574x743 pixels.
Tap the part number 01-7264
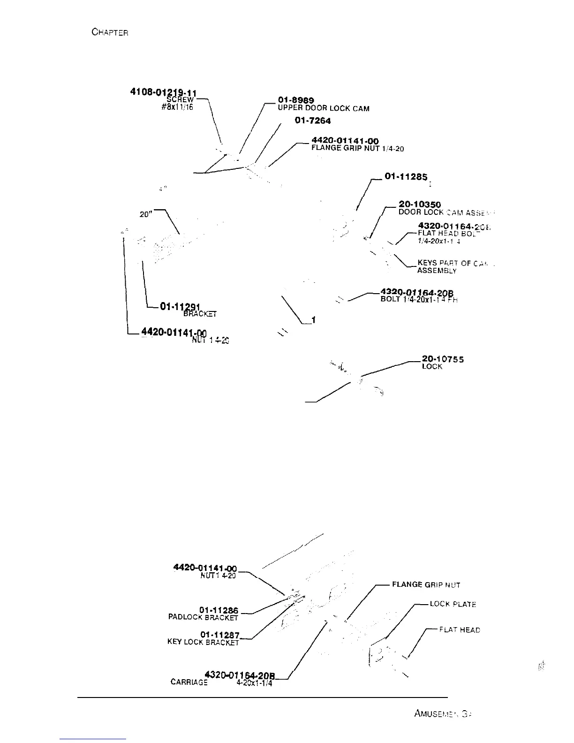tap(313, 121)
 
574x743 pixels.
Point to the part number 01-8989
tap(296, 100)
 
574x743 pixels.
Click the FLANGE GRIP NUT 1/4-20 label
tap(357, 149)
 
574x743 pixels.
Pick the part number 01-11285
tap(406, 176)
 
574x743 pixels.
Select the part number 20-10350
tap(419, 205)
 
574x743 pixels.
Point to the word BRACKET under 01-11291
tap(200, 314)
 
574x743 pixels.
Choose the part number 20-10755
tap(443, 359)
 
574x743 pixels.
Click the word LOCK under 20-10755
tap(432, 367)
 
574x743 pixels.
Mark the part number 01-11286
tap(219, 610)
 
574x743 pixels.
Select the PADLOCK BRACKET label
tap(203, 617)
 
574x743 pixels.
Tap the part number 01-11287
tap(219, 635)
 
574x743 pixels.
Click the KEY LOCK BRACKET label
tap(203, 642)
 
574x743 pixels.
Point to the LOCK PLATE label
tap(453, 605)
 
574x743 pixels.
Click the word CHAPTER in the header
tap(110, 32)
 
